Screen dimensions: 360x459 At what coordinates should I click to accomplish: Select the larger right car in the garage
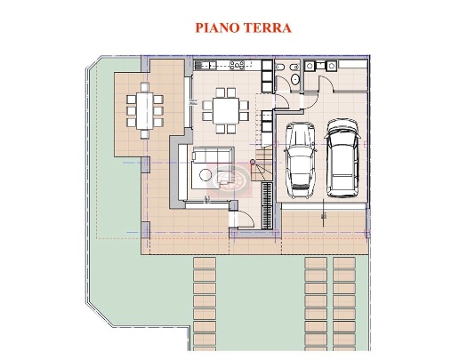coord(342,157)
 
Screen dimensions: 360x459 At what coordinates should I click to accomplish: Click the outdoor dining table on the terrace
coord(144,110)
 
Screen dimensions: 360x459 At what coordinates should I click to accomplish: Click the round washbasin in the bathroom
coord(294,67)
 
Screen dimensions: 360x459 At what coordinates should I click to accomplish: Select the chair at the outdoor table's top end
coord(144,87)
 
